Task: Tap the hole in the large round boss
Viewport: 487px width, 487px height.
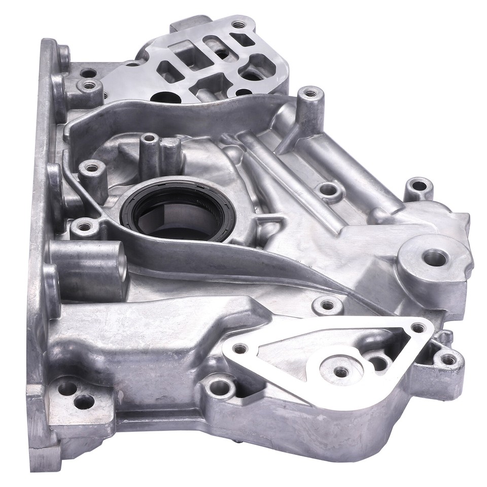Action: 434,258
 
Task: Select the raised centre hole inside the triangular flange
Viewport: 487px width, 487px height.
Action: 341,372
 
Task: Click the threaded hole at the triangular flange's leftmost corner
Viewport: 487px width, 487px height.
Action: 239,349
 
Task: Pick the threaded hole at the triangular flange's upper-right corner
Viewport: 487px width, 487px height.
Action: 418,328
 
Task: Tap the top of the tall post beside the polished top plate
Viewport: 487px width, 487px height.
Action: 310,93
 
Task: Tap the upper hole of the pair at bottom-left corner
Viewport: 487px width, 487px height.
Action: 67,388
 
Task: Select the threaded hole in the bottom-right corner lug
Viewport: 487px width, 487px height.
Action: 448,360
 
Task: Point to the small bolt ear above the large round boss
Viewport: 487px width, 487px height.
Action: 419,186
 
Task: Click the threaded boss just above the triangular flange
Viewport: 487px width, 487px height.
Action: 327,305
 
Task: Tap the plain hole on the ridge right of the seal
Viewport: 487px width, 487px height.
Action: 328,191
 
